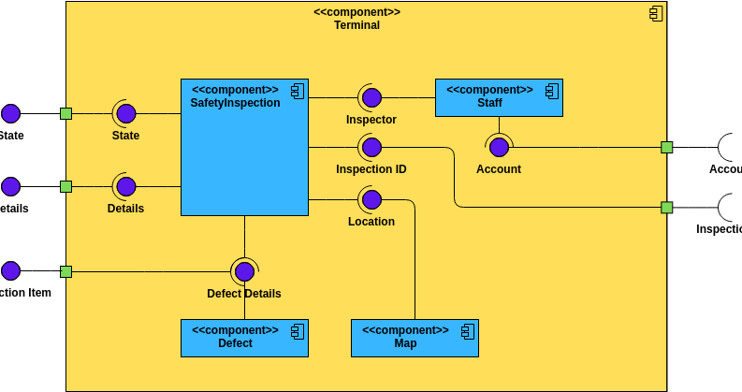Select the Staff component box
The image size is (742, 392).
499,97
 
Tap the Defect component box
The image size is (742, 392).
244,338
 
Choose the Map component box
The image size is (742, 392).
415,338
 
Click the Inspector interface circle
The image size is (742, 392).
371,97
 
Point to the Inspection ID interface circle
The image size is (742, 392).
371,147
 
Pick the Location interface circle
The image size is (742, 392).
371,199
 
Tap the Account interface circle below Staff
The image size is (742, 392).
499,147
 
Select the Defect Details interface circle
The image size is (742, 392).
244,271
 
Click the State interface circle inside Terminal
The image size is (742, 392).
125,113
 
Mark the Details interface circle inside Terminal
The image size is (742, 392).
125,186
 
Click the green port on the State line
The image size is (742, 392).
65,113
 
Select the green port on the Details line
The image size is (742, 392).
65,186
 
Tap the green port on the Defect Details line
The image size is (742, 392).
65,271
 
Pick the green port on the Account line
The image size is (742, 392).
666,147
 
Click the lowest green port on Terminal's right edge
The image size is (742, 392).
666,207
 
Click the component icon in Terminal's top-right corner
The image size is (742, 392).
656,13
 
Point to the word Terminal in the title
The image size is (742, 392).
356,25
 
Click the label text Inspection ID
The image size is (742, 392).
371,169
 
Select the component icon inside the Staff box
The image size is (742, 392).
552,91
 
